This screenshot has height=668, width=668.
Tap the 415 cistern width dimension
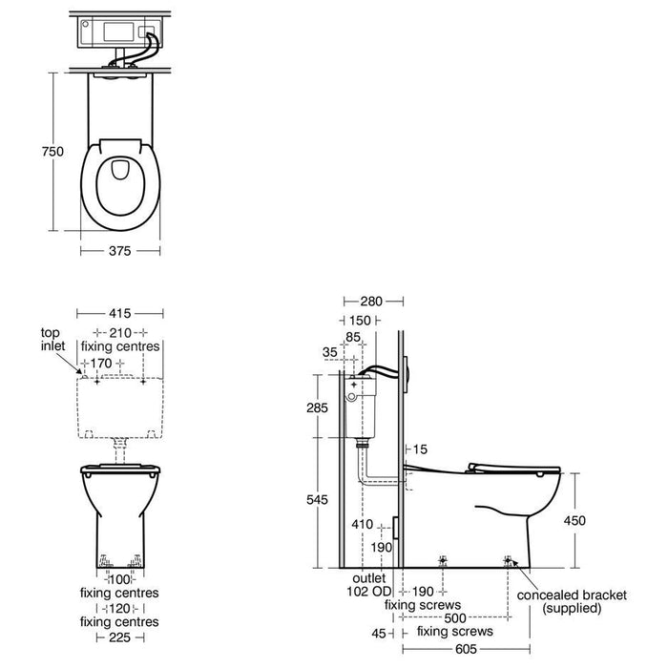[119, 312]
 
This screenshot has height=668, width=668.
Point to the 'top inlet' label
[51, 339]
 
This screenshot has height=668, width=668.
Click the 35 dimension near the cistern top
[330, 352]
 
